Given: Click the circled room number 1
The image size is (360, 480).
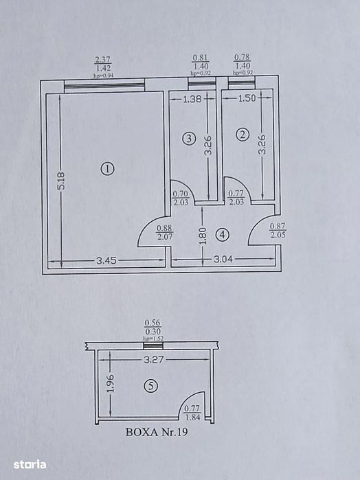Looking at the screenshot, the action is click(108, 169).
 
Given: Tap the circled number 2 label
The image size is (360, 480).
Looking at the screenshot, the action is click(243, 135).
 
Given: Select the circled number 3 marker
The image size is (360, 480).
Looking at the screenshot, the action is click(189, 139).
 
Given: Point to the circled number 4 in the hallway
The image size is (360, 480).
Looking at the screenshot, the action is click(222, 235).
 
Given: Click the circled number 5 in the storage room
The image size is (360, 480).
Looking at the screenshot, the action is click(151, 387).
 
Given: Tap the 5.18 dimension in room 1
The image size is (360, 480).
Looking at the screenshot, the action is click(61, 181).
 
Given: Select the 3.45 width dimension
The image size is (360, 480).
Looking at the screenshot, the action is click(106, 260).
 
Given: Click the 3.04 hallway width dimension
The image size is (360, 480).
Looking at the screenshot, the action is click(223, 260).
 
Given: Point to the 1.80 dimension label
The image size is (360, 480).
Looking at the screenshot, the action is click(203, 236).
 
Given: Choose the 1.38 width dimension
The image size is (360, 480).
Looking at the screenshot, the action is click(192, 99).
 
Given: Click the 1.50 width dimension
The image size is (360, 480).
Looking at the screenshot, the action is click(247, 98).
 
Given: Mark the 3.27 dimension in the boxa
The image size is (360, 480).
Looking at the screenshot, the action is click(154, 359).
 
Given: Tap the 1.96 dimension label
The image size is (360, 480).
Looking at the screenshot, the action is click(111, 383).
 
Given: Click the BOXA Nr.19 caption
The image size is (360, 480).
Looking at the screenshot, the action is click(157, 432).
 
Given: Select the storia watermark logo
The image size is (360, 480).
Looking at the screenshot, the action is click(30, 465).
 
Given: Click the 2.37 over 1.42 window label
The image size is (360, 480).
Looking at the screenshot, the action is click(103, 64).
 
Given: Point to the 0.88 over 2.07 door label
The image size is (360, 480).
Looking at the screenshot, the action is click(165, 232).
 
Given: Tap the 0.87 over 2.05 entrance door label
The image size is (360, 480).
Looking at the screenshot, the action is click(278, 231).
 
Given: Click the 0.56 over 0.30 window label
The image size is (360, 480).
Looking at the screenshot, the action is click(153, 328).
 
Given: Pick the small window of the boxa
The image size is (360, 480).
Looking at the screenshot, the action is click(153, 346).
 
